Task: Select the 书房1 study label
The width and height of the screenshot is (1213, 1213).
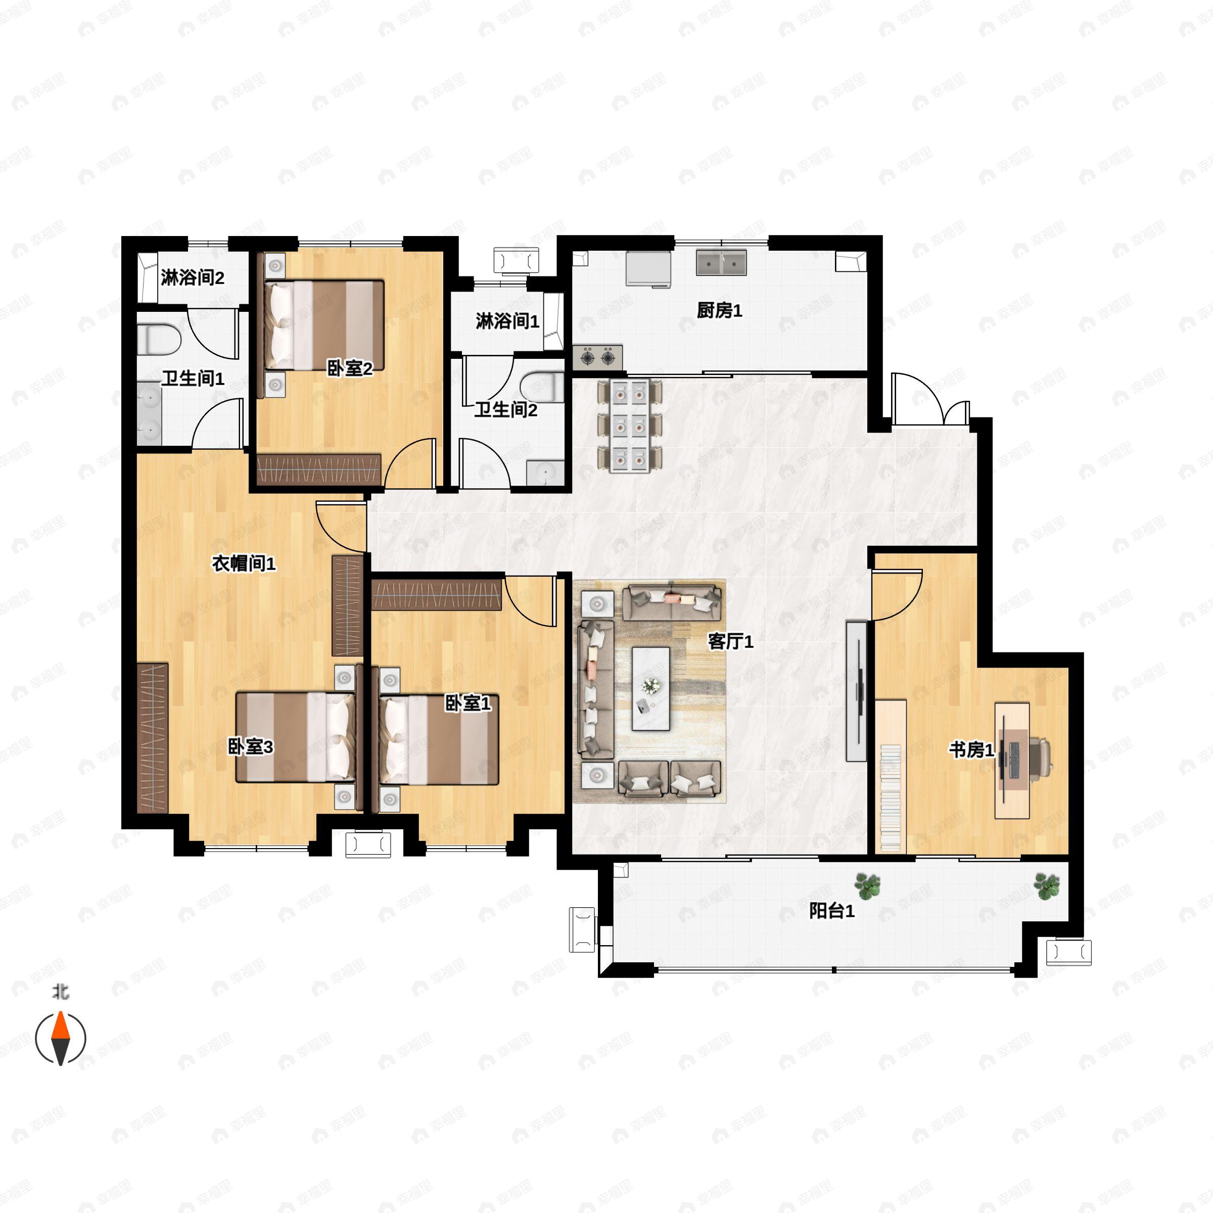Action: (x=970, y=749)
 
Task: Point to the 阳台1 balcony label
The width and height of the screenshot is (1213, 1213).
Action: (x=831, y=910)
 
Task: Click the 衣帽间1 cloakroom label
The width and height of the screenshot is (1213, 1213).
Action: (x=244, y=563)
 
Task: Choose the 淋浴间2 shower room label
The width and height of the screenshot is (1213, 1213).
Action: (x=192, y=277)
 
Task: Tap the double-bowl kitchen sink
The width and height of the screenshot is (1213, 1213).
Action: (x=721, y=262)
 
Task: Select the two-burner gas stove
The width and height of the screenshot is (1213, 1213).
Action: (x=597, y=357)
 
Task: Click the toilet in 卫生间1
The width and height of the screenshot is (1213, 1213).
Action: (x=158, y=339)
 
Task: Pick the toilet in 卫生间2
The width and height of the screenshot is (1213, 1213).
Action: (x=543, y=386)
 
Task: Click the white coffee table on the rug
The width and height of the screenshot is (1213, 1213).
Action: (x=650, y=688)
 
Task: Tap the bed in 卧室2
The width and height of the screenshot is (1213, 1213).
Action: (x=323, y=324)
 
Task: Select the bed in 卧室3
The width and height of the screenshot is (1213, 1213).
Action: (x=295, y=736)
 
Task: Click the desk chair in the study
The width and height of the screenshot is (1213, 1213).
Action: (x=1039, y=757)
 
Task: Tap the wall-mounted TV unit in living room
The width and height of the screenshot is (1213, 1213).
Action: (x=856, y=690)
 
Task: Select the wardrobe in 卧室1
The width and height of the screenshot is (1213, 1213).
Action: (x=436, y=594)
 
